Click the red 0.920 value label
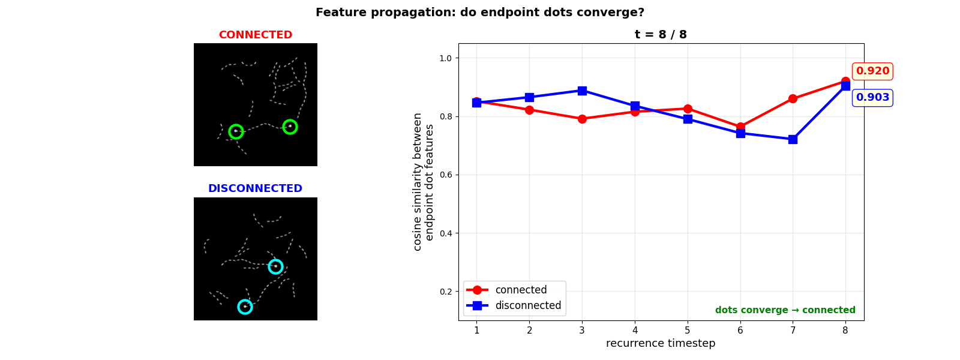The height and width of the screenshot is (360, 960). (872, 71)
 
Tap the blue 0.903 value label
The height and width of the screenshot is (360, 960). (872, 98)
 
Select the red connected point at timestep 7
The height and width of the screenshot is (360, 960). (793, 98)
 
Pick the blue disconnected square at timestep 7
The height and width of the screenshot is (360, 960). (793, 139)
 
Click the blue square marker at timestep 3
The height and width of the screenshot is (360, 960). (582, 91)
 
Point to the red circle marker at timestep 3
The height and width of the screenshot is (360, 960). (582, 119)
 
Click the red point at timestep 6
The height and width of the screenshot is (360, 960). (740, 127)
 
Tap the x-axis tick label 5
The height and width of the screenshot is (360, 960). (688, 330)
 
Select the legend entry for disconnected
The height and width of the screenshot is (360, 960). (528, 305)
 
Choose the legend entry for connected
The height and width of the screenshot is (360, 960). (521, 290)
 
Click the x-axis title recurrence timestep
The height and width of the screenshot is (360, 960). (661, 343)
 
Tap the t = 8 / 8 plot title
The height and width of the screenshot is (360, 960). (661, 35)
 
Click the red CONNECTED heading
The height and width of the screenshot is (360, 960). (256, 35)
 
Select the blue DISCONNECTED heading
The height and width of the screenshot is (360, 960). (256, 188)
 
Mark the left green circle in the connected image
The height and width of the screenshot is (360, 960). (236, 131)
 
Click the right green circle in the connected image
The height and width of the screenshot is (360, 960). (290, 127)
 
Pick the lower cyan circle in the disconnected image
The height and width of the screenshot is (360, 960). (245, 307)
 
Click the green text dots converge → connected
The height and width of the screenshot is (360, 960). (785, 310)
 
